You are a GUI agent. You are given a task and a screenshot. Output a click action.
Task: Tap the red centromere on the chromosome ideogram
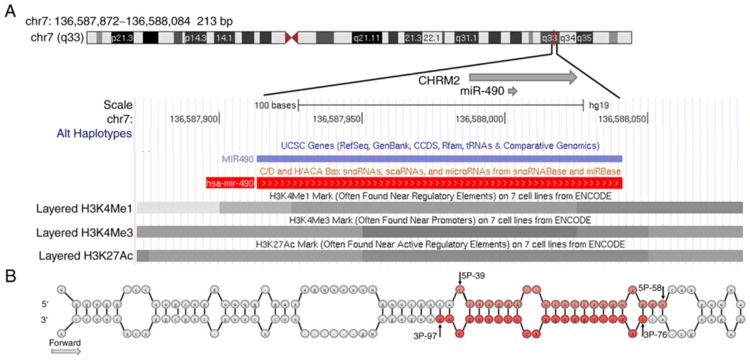point(292,38)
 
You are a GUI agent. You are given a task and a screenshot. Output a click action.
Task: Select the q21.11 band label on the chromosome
point(366,38)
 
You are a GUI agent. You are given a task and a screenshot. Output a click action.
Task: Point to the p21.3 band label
point(122,38)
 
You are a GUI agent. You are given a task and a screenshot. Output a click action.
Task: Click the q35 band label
point(584,38)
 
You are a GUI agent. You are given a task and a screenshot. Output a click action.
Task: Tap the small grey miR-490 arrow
point(513,91)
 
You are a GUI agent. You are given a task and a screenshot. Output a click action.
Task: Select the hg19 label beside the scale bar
point(599,105)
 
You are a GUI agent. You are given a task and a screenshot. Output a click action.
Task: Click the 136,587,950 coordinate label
point(336,119)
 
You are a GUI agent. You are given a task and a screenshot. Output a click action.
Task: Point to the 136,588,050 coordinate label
point(622,119)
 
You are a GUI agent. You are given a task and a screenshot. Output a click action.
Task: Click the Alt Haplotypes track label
point(94,134)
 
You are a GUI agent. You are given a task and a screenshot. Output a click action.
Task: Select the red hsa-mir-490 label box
point(230,183)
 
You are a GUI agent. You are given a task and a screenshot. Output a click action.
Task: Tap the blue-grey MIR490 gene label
point(237,159)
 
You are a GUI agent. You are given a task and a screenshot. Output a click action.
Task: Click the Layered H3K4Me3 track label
point(85,233)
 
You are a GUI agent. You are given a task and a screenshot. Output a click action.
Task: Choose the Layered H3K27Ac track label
point(86,256)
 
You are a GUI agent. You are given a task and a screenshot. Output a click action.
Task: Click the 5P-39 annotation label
point(473,276)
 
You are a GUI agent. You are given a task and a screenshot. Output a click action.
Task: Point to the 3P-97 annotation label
point(425,336)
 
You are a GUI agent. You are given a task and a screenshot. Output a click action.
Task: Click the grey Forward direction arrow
point(66,351)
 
